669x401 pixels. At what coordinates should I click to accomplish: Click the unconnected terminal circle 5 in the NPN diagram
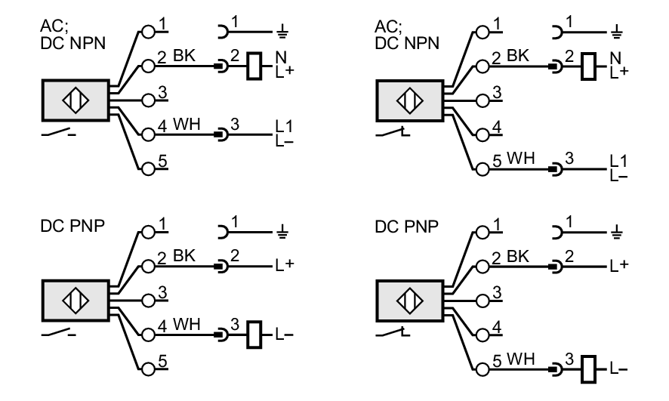pyautogui.click(x=149, y=169)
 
